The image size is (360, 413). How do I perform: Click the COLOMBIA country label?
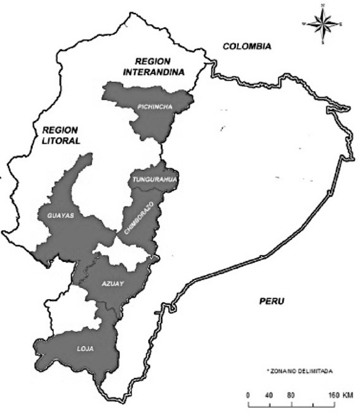click(x=247, y=46)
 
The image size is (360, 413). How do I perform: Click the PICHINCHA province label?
click(x=154, y=107)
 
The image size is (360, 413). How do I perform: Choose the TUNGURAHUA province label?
click(x=154, y=179)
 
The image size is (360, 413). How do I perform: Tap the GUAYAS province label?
click(x=60, y=215)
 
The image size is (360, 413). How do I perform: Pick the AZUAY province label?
click(x=112, y=284)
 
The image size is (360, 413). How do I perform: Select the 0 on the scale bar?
click(x=248, y=394)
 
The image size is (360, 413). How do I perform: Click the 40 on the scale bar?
click(x=268, y=394)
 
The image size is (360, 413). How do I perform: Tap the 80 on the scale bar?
click(x=291, y=394)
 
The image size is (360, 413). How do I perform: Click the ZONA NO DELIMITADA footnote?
click(x=300, y=371)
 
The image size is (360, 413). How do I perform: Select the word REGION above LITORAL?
click(x=60, y=130)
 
